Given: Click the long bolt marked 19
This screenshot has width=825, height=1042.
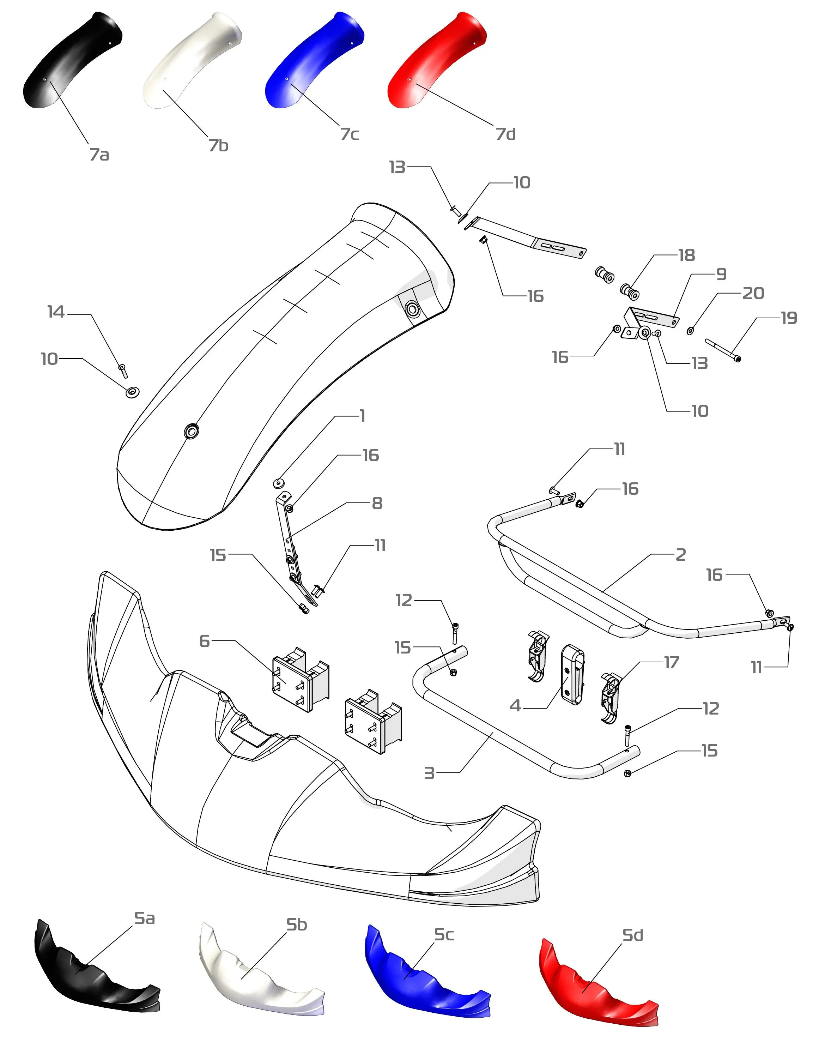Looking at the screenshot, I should (723, 350).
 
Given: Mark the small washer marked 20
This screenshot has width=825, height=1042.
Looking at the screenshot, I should (690, 331).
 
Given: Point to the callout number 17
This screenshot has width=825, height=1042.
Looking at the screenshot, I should (672, 663).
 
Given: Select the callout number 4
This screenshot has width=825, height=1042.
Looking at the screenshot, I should (515, 706).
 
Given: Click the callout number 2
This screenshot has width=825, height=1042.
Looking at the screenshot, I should (681, 555).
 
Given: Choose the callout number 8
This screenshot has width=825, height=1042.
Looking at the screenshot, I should (377, 504).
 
